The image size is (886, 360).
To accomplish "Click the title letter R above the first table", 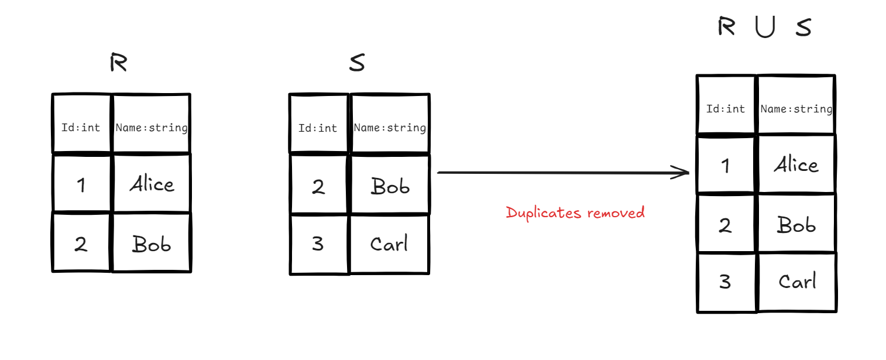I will (118, 63).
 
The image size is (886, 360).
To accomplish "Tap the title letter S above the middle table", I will (356, 63).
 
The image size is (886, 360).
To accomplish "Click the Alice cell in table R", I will (152, 184).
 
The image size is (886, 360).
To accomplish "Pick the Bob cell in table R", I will (152, 244).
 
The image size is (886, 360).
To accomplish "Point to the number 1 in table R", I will (81, 185).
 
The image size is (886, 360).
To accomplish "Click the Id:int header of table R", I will (81, 127).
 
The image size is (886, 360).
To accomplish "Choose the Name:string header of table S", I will (390, 128).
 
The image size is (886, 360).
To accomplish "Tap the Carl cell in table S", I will (389, 244).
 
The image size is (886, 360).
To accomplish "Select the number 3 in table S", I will (318, 244).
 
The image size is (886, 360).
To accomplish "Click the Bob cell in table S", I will (390, 186).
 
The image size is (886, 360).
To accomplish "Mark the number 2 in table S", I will (318, 186).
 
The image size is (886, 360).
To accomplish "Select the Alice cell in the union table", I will (796, 165).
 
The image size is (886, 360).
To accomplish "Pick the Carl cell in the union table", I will (797, 282).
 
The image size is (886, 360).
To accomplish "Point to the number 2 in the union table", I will (726, 225).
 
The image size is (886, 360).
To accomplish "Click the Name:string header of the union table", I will (796, 109).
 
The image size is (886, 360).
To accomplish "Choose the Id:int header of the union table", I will (726, 109).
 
